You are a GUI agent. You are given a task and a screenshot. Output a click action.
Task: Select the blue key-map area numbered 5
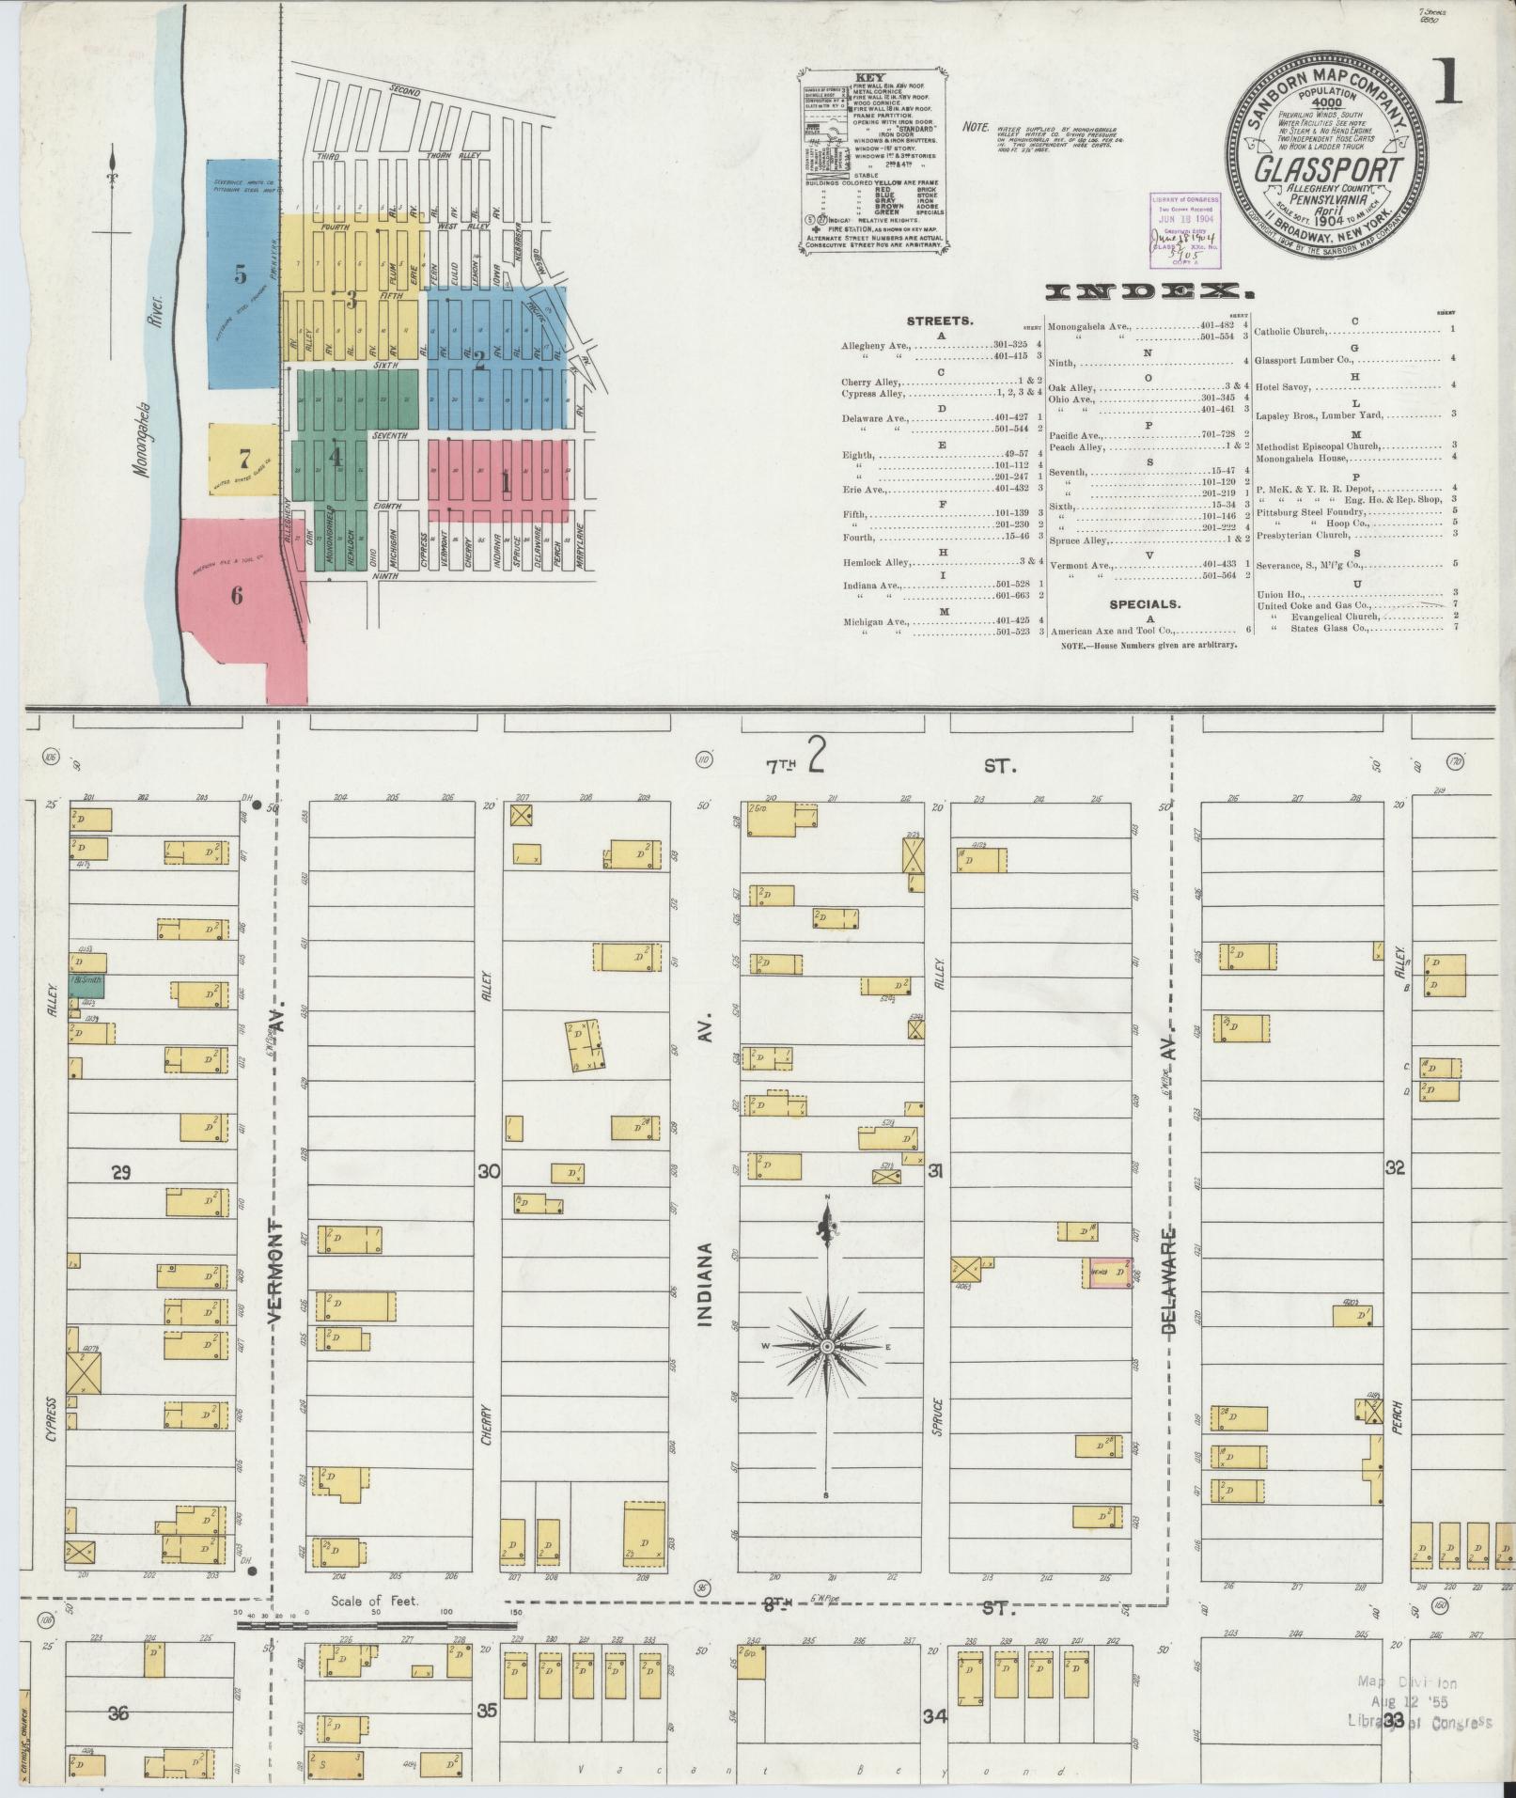[242, 274]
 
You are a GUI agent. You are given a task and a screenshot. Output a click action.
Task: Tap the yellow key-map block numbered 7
[244, 459]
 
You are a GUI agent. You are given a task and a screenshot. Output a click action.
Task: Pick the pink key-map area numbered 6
[236, 595]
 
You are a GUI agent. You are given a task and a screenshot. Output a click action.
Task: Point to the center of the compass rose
[827, 1347]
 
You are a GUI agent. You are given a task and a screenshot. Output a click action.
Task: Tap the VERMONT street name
[276, 1272]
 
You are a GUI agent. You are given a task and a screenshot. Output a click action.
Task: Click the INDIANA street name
[706, 1286]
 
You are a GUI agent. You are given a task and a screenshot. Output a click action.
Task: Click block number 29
[120, 1172]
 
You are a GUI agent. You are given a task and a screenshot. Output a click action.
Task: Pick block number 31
[935, 1171]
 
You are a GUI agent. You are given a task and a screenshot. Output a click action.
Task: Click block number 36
[118, 1713]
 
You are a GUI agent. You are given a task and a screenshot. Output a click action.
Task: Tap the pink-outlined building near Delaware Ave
[1106, 1273]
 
